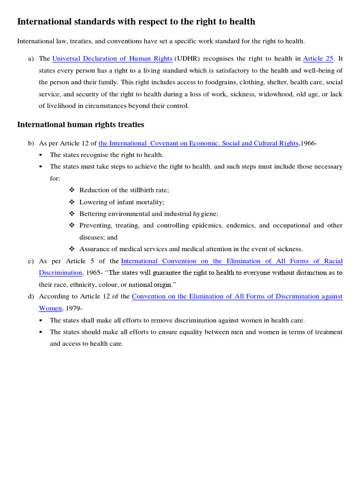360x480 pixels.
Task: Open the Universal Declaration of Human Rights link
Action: point(112,59)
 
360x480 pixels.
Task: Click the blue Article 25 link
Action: point(318,59)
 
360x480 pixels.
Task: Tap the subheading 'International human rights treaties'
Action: point(81,125)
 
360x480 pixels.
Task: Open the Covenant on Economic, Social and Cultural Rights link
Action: point(198,143)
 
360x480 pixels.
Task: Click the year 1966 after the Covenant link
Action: point(308,143)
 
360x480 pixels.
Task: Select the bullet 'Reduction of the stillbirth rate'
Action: point(124,190)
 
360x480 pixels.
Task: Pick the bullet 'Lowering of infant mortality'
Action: point(122,202)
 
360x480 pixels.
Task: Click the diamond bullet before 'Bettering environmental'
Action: point(72,214)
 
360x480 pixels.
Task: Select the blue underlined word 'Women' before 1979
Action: point(50,308)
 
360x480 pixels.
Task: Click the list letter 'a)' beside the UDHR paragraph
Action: point(31,59)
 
